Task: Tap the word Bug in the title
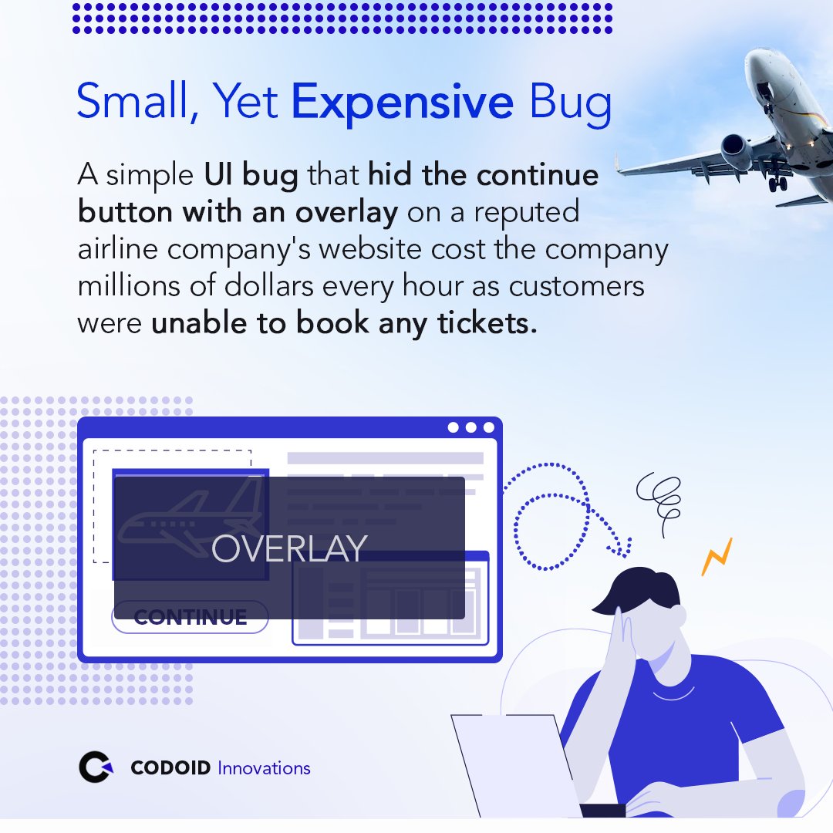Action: tap(572, 103)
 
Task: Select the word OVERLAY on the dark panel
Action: tap(289, 548)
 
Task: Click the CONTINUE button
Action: tap(190, 617)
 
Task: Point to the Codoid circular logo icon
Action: tap(96, 767)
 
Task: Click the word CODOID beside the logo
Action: tap(170, 768)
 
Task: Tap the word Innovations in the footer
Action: tap(264, 768)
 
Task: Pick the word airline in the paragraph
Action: tap(119, 250)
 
